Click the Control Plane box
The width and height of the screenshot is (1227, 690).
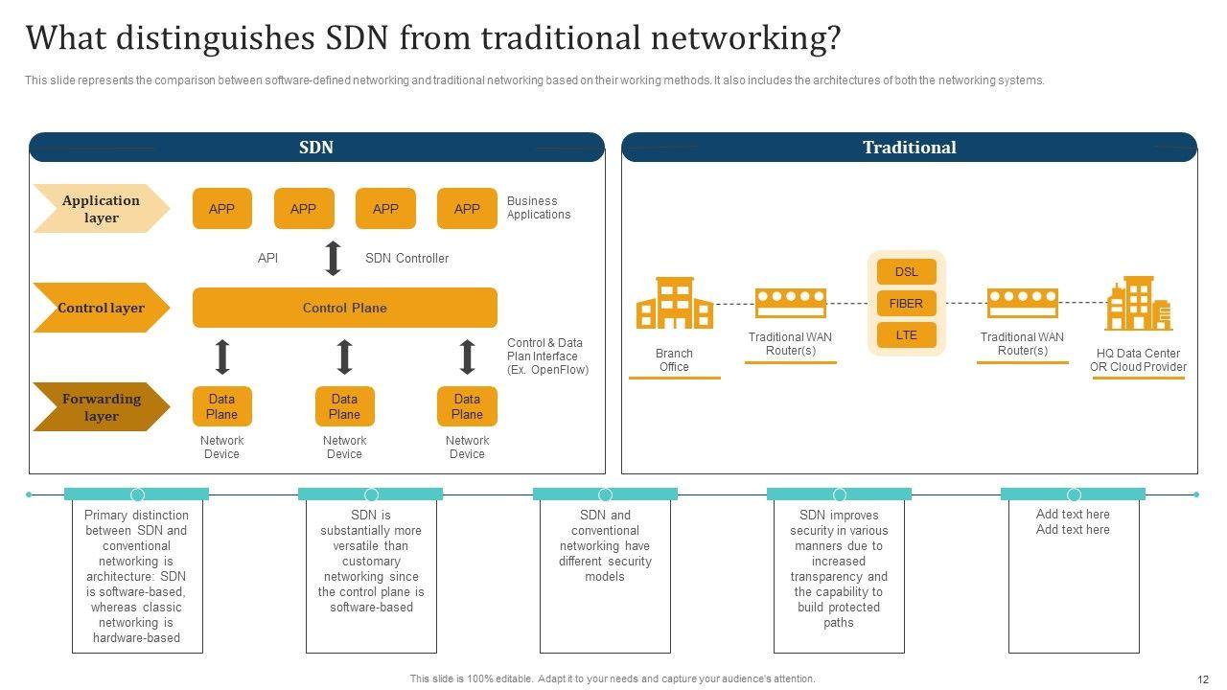(345, 308)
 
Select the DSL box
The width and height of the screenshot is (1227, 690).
(906, 272)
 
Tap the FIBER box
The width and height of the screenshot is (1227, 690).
(906, 304)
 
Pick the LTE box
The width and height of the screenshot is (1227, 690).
(906, 335)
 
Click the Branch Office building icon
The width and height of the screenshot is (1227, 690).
(675, 304)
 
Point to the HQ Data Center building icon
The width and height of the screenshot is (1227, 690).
(1138, 304)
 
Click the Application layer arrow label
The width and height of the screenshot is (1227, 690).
(101, 209)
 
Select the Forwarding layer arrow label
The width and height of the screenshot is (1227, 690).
(101, 407)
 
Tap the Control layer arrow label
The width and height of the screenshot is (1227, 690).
(101, 308)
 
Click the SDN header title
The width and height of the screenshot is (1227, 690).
(316, 148)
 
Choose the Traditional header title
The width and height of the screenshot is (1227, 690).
(909, 148)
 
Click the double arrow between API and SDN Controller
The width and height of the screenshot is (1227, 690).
(334, 259)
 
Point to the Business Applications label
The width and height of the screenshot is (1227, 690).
(539, 208)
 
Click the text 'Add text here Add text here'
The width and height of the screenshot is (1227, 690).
(1073, 522)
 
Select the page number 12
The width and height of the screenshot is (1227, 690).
(1203, 679)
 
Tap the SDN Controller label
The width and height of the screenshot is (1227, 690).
(406, 259)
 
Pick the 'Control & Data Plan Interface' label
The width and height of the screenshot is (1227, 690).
(547, 356)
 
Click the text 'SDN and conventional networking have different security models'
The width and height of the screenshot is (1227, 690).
(605, 546)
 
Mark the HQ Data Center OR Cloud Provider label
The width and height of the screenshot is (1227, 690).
(1138, 360)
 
